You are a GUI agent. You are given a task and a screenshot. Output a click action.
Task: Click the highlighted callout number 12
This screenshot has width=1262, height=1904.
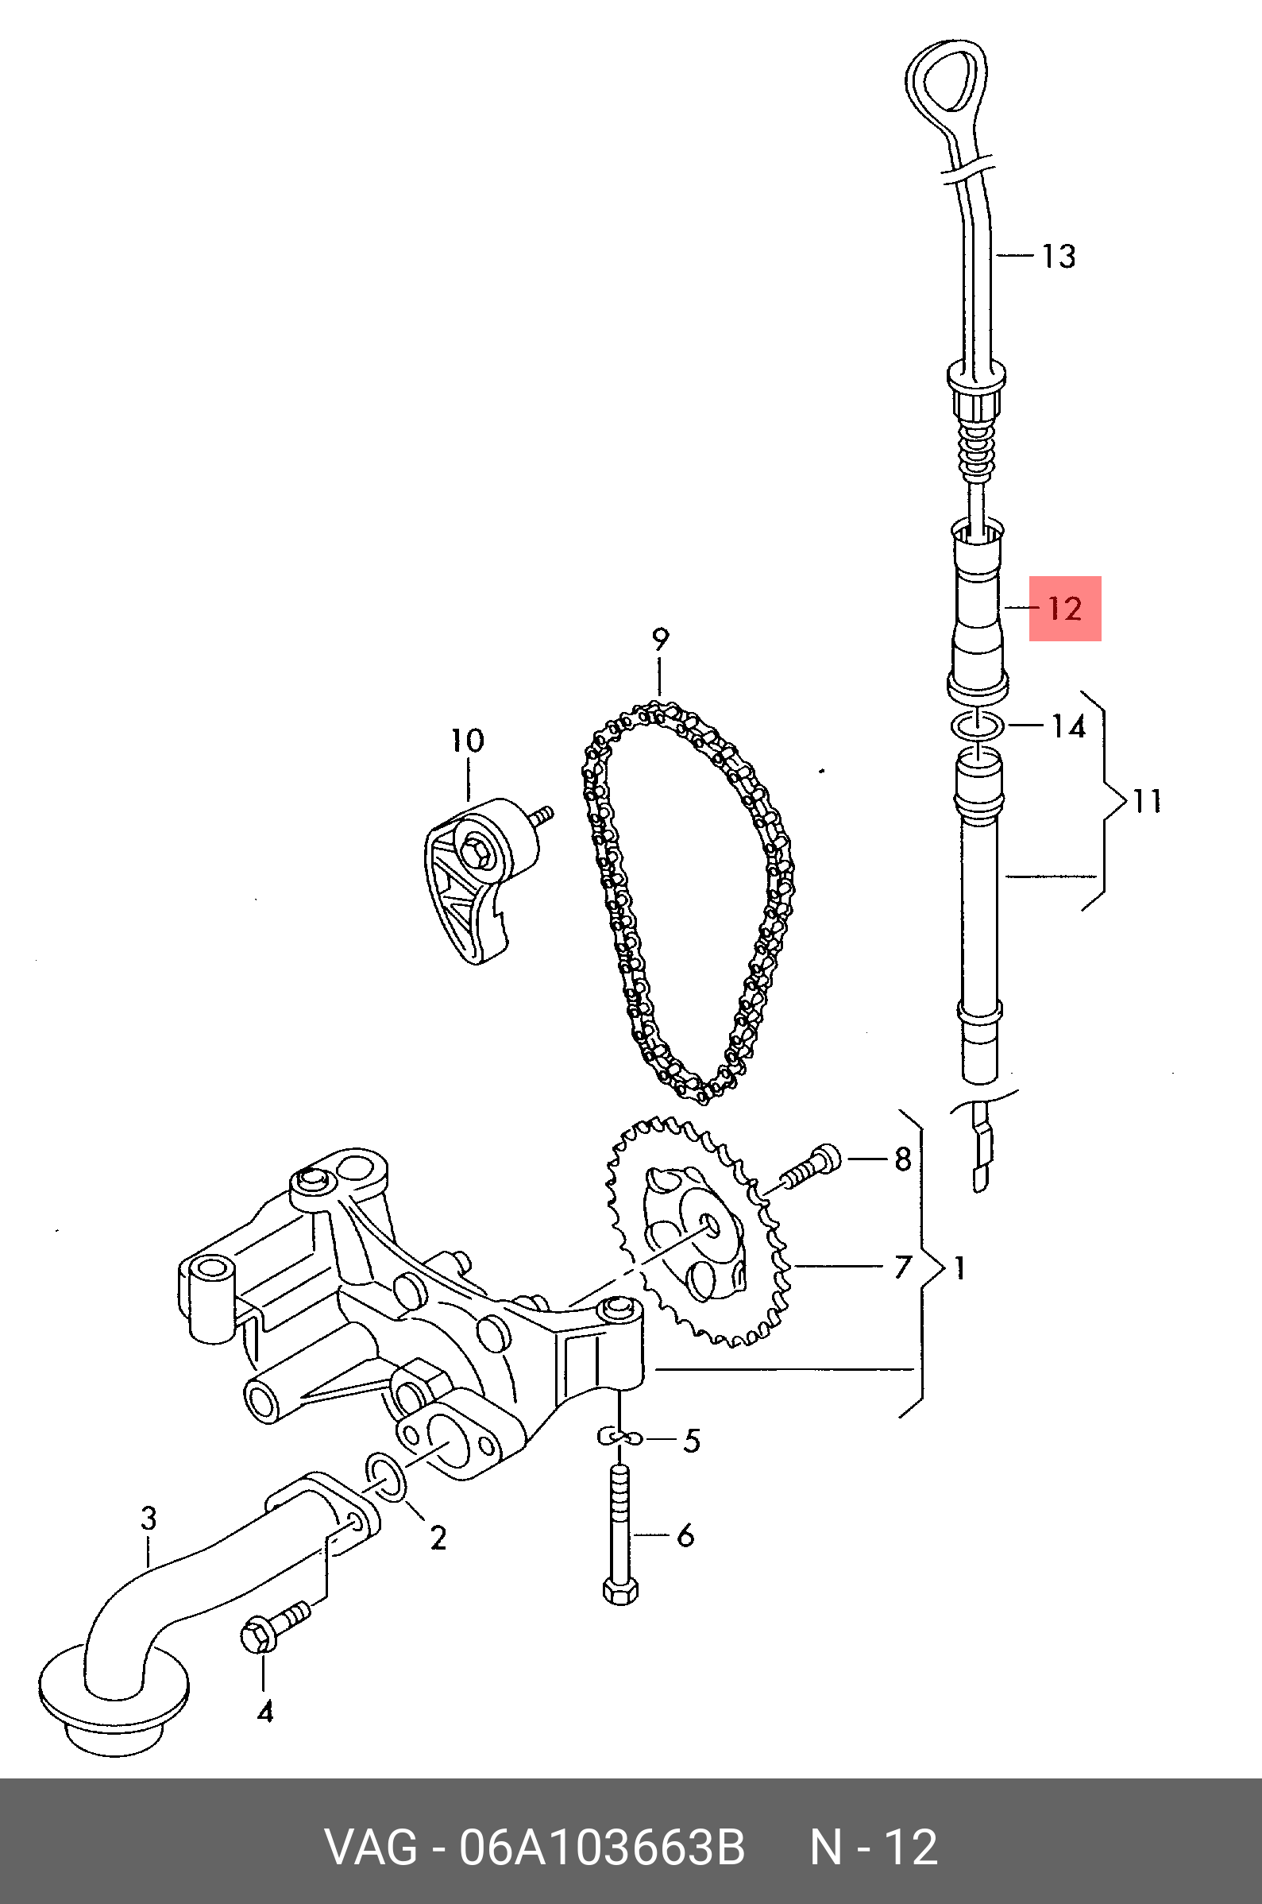click(x=1065, y=609)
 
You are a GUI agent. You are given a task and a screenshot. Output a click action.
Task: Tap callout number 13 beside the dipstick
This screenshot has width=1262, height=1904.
click(x=1059, y=257)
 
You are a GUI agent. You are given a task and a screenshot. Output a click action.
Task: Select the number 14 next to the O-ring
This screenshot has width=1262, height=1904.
click(x=1069, y=726)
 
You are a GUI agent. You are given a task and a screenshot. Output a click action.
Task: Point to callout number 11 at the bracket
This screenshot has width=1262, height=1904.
click(x=1147, y=802)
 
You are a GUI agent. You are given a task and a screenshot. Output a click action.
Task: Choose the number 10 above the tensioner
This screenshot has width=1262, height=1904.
click(x=467, y=741)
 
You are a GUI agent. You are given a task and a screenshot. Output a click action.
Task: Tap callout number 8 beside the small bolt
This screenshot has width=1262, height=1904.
click(x=903, y=1159)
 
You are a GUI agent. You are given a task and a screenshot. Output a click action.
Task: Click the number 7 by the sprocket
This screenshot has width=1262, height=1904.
click(x=902, y=1267)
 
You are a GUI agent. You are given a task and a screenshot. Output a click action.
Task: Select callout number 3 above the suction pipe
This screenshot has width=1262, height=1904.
click(x=149, y=1519)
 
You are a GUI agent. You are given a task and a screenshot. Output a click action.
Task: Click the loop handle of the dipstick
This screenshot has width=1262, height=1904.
click(x=947, y=80)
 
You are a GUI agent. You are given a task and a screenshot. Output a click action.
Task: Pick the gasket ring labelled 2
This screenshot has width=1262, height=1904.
click(x=386, y=1477)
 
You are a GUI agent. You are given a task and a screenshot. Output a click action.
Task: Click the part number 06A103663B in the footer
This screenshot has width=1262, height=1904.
click(x=601, y=1847)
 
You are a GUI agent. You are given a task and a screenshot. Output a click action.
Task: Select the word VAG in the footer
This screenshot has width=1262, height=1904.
click(x=371, y=1847)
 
